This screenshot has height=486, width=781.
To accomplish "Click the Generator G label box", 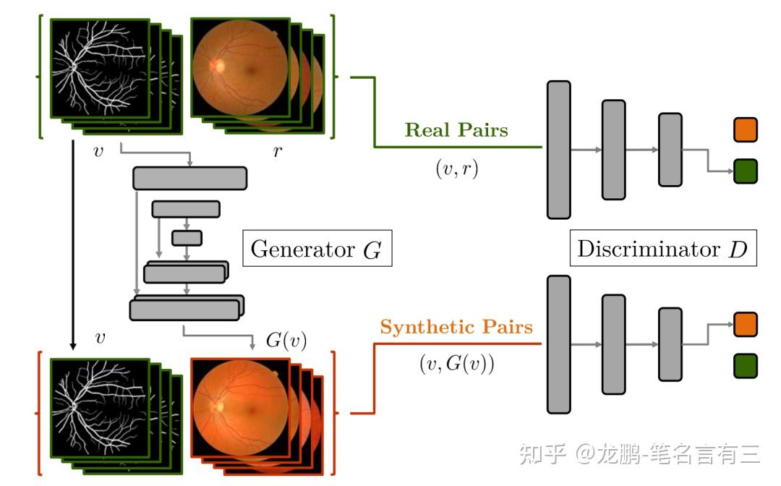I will coord(317,250).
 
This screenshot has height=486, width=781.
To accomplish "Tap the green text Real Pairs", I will coord(456,131).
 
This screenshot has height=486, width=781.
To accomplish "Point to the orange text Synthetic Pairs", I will coord(456,328).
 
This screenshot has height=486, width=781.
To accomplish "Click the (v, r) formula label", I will coord(456,169).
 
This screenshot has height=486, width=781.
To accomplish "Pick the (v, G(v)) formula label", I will coord(456,364).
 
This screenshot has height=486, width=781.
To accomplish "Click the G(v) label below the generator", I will coord(286,341).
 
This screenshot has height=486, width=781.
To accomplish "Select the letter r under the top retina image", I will coord(278,152).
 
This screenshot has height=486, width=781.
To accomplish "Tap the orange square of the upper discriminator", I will coord(746,130).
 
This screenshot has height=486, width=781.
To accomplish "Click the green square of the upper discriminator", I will coord(746,171).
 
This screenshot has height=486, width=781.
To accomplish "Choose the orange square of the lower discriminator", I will coord(746,324).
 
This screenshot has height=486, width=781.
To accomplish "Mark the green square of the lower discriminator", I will coord(746,365).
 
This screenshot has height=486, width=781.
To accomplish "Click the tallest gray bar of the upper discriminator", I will coord(559,149).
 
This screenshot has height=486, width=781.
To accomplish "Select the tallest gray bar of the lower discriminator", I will coord(559,344).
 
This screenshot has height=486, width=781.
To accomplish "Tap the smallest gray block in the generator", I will coord(187,237).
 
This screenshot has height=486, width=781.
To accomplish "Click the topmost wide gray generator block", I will coord(190,178).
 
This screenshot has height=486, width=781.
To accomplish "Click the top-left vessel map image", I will coord(99,68).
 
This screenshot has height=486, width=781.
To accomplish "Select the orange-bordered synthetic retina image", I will coord(239,408).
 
